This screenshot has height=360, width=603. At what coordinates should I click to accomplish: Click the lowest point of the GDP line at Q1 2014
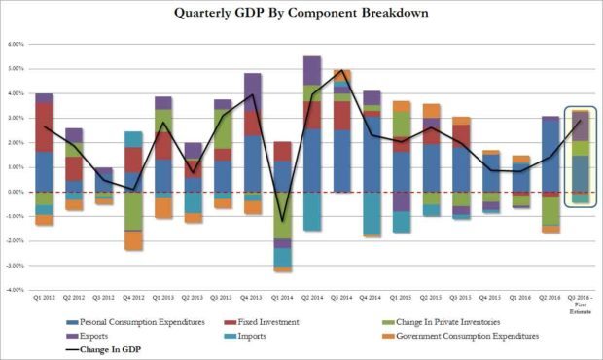[x=282, y=222]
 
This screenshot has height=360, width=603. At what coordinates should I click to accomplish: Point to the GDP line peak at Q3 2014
[x=342, y=71]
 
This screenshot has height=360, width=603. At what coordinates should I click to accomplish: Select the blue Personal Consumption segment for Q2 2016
[x=550, y=155]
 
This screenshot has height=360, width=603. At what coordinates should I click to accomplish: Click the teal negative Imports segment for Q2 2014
[x=312, y=210]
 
